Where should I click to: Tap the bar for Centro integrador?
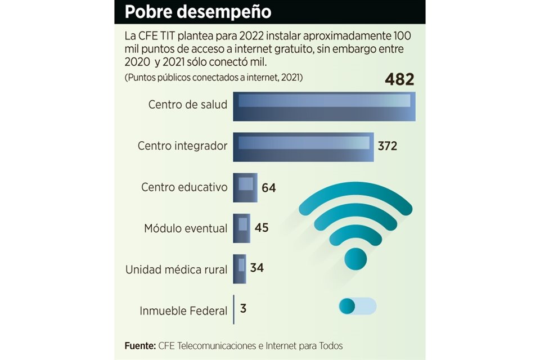304,147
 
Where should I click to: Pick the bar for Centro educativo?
245,187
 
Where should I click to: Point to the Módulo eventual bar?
242,228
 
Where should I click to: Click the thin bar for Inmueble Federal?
234,309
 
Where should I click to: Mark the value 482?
399,80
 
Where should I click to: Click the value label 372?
388,146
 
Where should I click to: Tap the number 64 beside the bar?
269,188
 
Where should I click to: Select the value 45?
262,228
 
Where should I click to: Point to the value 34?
257,268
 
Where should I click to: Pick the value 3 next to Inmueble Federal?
244,309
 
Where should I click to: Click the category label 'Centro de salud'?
188,105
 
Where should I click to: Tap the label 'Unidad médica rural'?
177,269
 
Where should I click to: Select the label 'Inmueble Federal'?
183,310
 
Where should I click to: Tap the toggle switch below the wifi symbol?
358,307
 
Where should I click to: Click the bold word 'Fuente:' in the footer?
140,345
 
